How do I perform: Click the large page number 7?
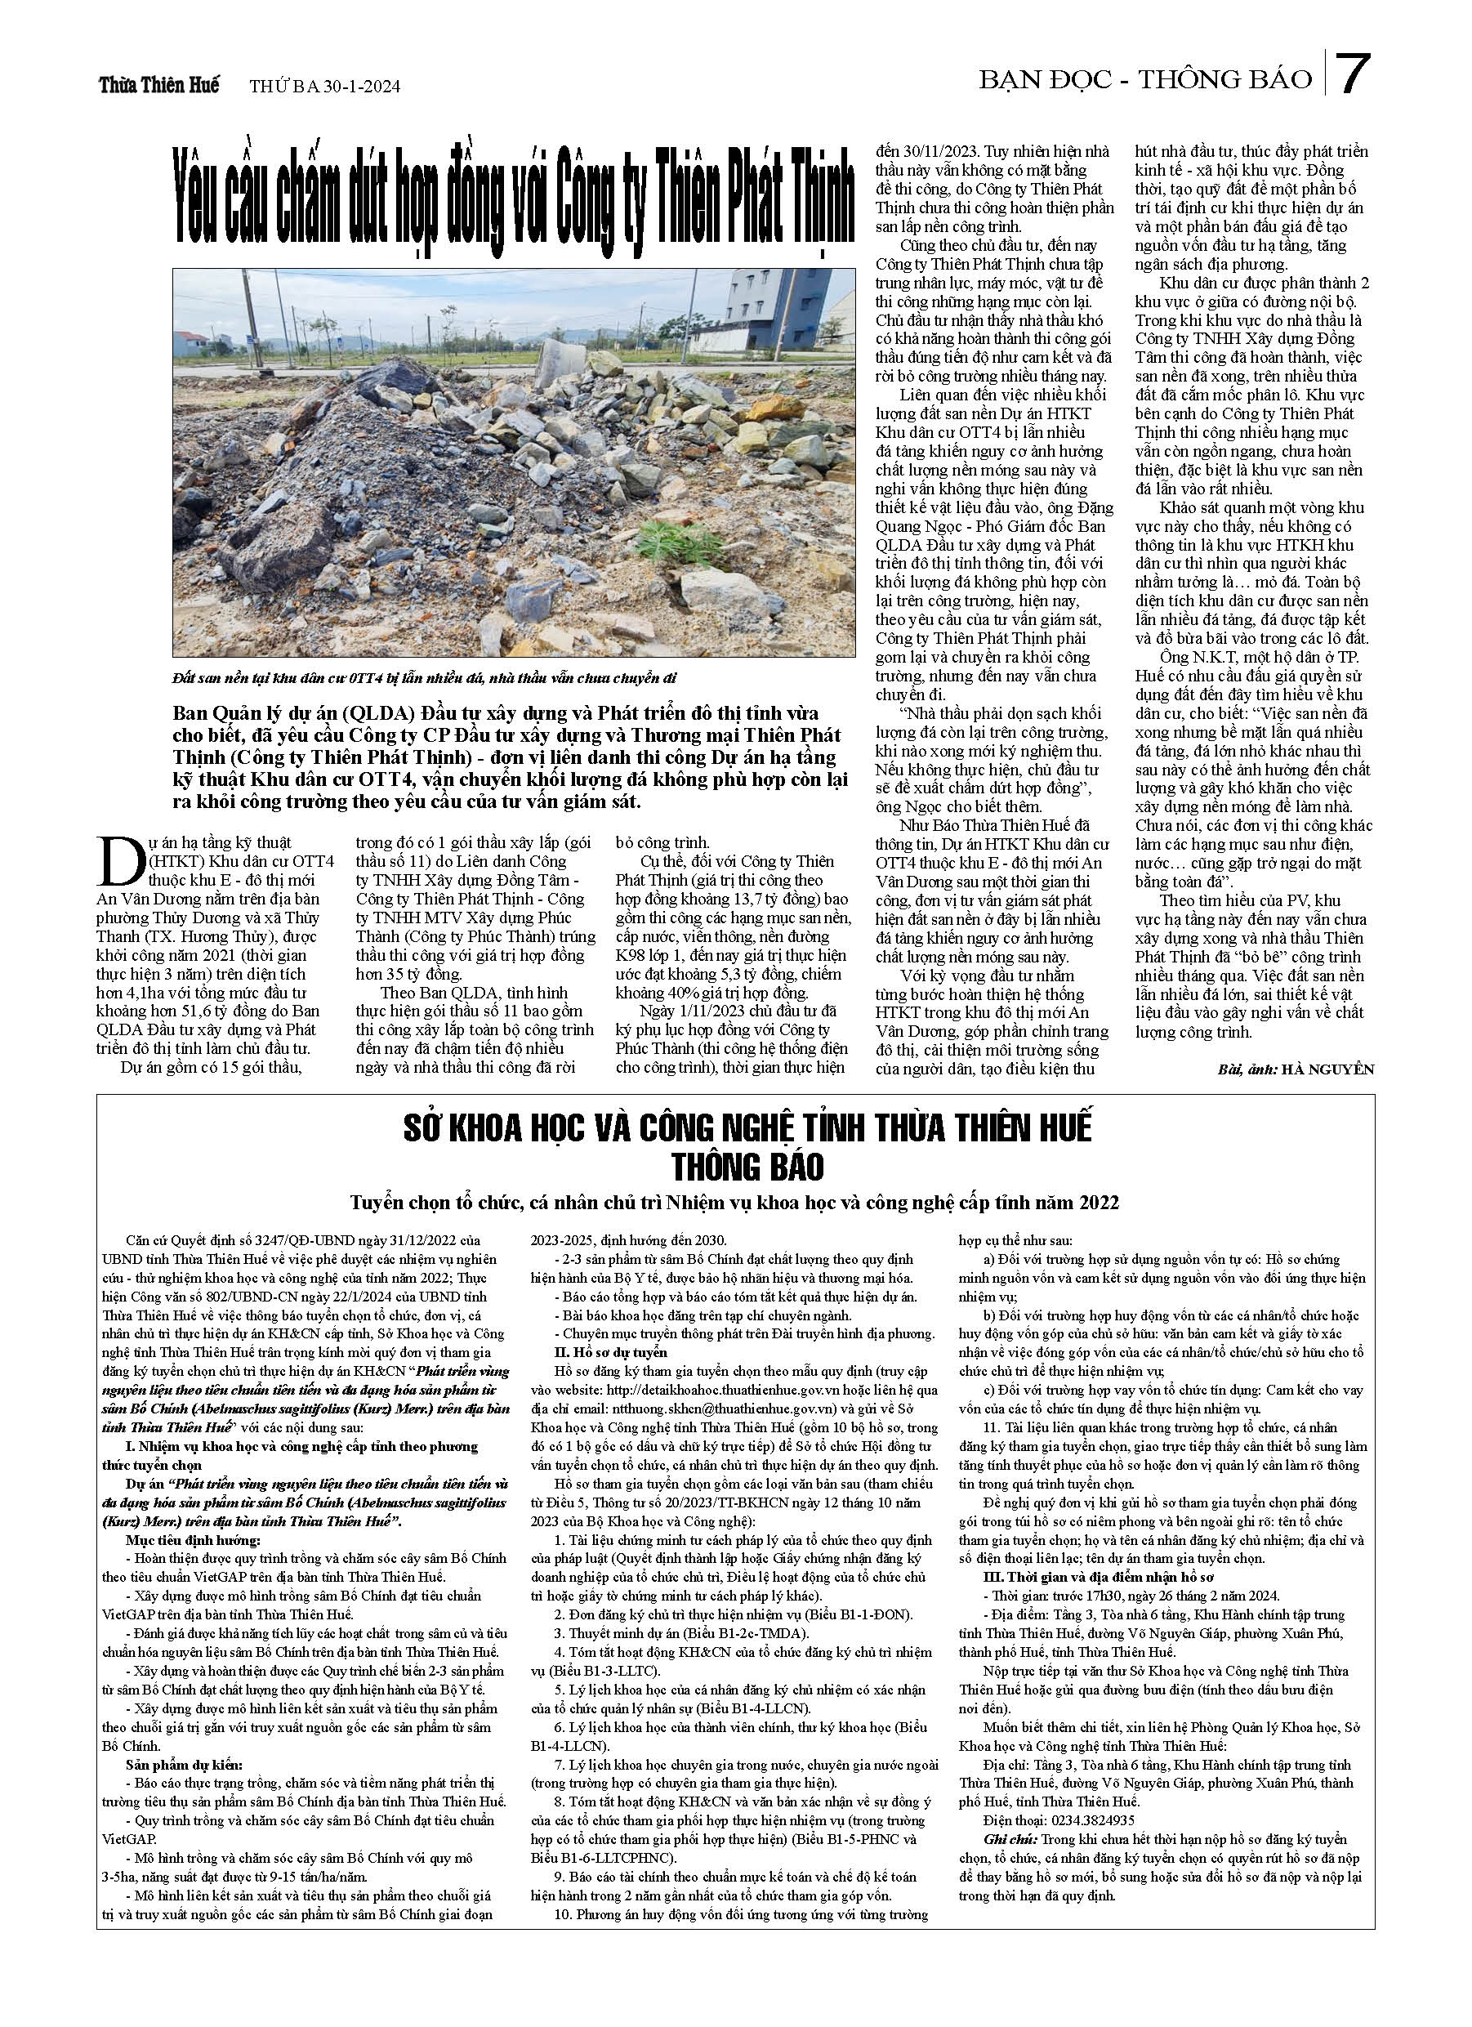[x=1352, y=75]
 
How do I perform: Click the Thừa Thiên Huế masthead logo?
[x=159, y=86]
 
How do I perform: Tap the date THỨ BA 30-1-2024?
[x=324, y=87]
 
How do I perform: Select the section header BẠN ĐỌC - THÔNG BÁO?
[x=1145, y=80]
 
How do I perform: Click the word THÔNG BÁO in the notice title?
[x=748, y=1168]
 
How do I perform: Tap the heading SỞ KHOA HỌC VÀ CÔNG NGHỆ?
[x=747, y=1128]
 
